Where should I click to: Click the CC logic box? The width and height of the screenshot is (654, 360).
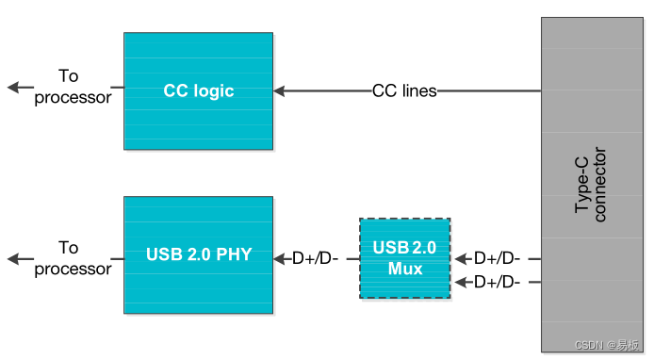[198, 91]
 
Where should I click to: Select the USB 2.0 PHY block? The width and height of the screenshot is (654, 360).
[198, 254]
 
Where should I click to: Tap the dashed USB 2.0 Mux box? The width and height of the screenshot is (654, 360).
[404, 258]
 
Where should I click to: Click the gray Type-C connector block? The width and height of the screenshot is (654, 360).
[591, 184]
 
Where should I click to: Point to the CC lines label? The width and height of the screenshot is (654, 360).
[404, 91]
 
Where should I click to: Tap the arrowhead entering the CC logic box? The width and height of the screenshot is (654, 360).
[280, 91]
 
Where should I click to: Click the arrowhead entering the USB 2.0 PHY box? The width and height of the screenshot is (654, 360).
[280, 257]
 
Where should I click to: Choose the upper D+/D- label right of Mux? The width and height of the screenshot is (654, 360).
[498, 257]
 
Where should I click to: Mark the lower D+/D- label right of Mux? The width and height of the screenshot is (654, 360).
[498, 282]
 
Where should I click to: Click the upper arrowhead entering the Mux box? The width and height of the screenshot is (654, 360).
[461, 257]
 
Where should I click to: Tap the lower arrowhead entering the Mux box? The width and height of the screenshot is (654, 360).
[461, 282]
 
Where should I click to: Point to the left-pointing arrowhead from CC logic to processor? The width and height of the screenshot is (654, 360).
[13, 88]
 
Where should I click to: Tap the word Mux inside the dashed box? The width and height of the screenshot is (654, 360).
[404, 268]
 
